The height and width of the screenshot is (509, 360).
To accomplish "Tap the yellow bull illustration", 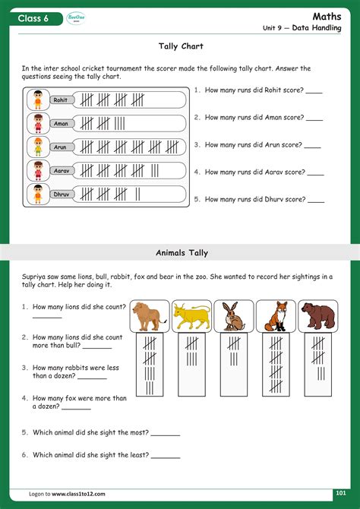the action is coord(191,316).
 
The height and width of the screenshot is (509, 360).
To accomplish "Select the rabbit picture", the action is coord(234,316).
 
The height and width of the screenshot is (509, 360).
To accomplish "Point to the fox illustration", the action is coord(276,316).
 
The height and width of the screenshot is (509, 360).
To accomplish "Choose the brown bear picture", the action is coord(318,316).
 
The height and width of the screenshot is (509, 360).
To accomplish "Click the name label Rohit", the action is coord(61,100).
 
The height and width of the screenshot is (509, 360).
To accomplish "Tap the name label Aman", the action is coord(61,123).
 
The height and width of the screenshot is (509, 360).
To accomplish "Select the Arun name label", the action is coord(60,147).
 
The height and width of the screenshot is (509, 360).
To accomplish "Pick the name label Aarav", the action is coord(62,170).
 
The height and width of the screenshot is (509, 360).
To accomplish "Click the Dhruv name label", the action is coord(62,194).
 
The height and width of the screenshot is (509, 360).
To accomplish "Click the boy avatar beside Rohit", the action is coord(38,100).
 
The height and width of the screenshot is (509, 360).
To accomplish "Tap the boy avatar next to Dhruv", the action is coord(38,194).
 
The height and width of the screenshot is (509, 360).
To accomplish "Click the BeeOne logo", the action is coord(76,18).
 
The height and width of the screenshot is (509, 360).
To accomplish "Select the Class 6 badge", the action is coord(36,18).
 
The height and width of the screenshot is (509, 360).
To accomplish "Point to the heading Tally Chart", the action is coord(181,46).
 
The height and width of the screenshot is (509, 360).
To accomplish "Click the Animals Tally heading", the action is coord(182,252).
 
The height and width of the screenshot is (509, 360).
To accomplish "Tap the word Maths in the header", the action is coord(327,17).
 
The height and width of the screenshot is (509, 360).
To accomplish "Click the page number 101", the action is coord(341,493).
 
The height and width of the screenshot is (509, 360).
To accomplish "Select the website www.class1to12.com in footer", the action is coord(78,494).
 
